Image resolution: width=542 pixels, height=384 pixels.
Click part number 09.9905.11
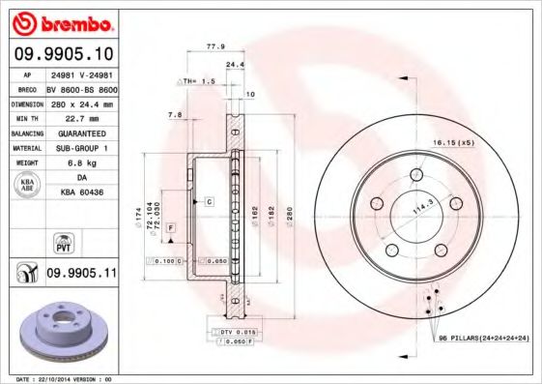coord(81,274)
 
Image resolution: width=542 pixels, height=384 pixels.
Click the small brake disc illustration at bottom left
coord(60,328)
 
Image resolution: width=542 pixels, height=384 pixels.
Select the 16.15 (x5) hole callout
coord(454,142)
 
